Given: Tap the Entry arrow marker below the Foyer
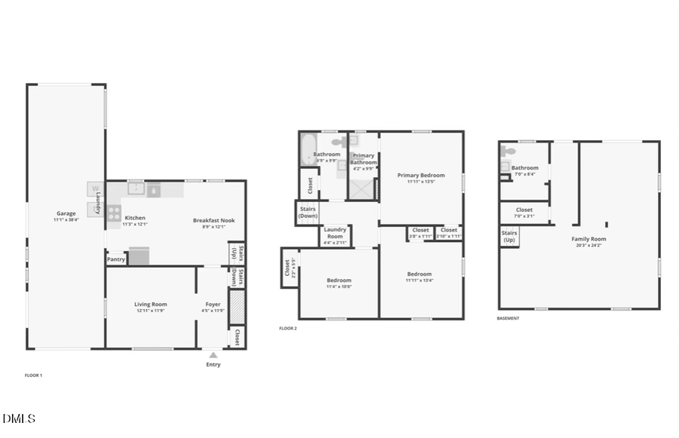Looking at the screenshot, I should [x=214, y=354].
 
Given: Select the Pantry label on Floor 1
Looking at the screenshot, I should [x=116, y=259].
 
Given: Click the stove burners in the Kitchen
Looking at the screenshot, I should [x=114, y=213].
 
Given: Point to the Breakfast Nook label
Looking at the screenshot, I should [x=214, y=221].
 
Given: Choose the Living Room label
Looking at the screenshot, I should [x=150, y=305].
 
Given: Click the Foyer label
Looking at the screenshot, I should [x=214, y=305].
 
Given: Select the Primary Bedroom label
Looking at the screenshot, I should [x=421, y=176].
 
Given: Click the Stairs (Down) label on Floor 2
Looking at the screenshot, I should [x=308, y=212].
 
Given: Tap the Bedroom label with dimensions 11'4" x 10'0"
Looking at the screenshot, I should [x=339, y=280].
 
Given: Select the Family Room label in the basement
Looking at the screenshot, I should [x=588, y=239].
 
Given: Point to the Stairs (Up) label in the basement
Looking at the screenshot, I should [x=509, y=237].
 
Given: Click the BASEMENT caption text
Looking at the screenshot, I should [x=508, y=318].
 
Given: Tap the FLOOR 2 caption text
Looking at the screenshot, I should [x=287, y=329].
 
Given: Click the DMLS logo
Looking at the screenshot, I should [x=19, y=418].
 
